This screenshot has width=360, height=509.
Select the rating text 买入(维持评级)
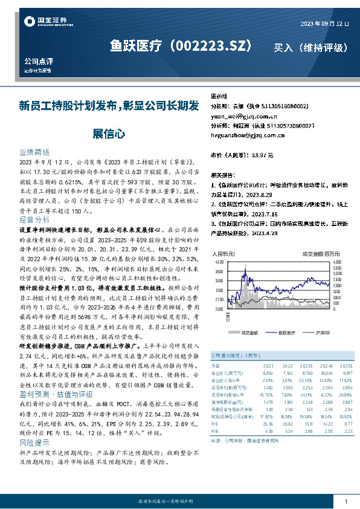pos(310,47)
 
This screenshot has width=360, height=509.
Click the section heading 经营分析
pos(34,219)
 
